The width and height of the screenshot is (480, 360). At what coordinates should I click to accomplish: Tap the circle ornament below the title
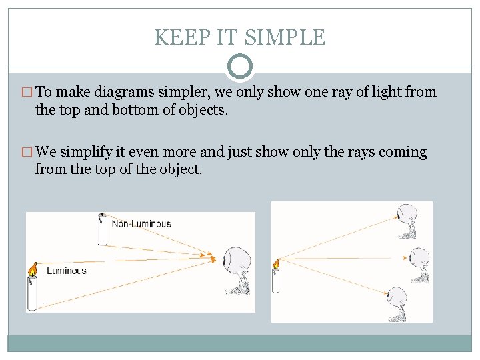[x=240, y=67]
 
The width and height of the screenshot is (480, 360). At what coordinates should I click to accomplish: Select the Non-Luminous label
[x=141, y=223]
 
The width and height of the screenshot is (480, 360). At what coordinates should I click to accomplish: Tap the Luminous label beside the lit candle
[x=67, y=271]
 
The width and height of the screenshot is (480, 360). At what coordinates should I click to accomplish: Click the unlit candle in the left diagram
[x=102, y=229]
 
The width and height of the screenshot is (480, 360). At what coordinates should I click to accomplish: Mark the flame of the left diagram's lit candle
[x=31, y=269]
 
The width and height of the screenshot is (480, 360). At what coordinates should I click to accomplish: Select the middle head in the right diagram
[x=420, y=257]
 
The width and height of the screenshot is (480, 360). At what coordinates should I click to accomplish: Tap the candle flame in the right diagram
[x=275, y=263]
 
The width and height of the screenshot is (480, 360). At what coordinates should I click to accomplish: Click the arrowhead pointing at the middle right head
[x=405, y=257]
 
